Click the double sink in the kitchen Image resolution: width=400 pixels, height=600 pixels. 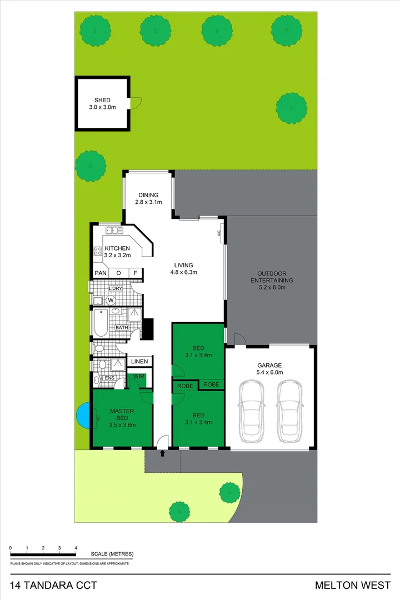pos(114,230)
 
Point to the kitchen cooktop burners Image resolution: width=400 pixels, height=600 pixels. pos(97,252)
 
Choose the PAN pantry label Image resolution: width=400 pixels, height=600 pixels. pos(100,273)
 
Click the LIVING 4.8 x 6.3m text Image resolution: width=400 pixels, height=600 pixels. pos(184,269)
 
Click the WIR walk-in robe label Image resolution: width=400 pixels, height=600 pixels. pos(139,377)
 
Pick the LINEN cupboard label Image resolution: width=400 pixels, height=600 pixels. pos(139,362)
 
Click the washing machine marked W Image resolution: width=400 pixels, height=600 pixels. pos(110,301)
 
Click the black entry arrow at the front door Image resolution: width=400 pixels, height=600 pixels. pos(162,454)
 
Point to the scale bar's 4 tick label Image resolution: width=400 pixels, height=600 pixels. pos(76,548)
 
